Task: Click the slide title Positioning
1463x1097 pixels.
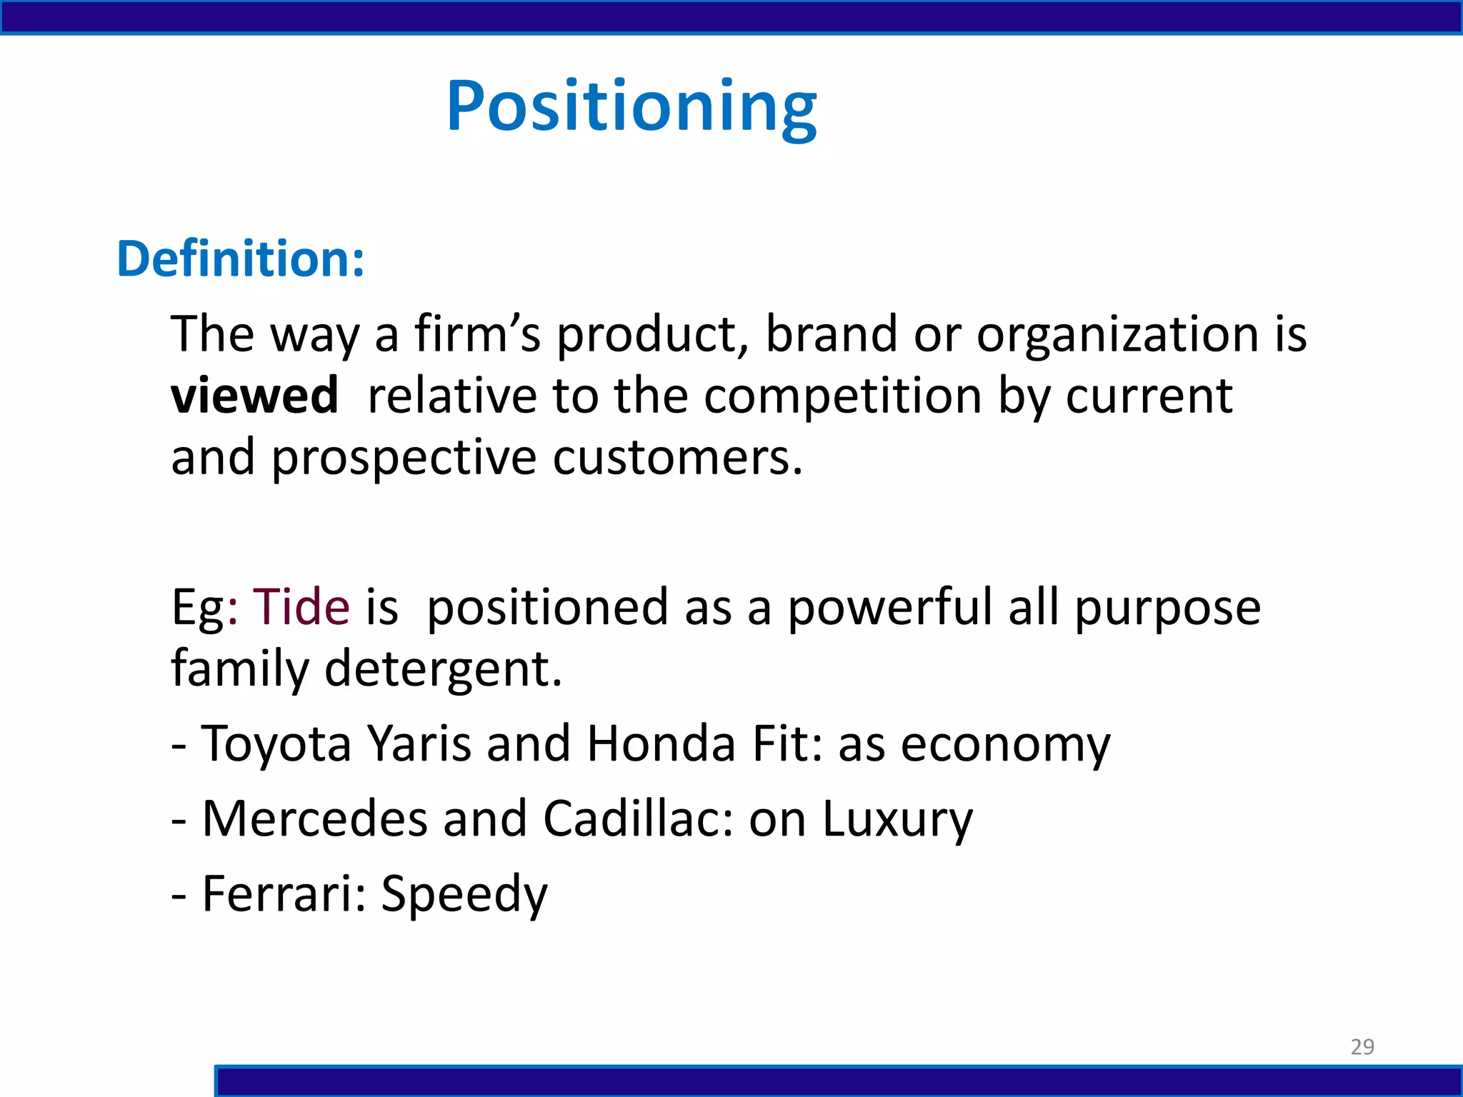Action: click(631, 107)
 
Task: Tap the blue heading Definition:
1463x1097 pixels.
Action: click(241, 259)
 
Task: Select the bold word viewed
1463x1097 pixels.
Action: click(254, 396)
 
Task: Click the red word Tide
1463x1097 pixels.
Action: click(301, 607)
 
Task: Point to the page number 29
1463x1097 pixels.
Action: click(1362, 1046)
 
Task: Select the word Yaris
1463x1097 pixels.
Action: click(419, 744)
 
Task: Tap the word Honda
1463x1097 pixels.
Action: click(661, 744)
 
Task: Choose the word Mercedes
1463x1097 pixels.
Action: click(315, 818)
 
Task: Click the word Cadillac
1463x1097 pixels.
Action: click(638, 818)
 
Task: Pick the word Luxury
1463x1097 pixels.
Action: click(897, 820)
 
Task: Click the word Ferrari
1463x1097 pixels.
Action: click(284, 893)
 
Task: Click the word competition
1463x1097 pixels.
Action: click(843, 396)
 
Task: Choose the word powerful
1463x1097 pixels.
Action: click(890, 607)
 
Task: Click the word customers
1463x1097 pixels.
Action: click(678, 457)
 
